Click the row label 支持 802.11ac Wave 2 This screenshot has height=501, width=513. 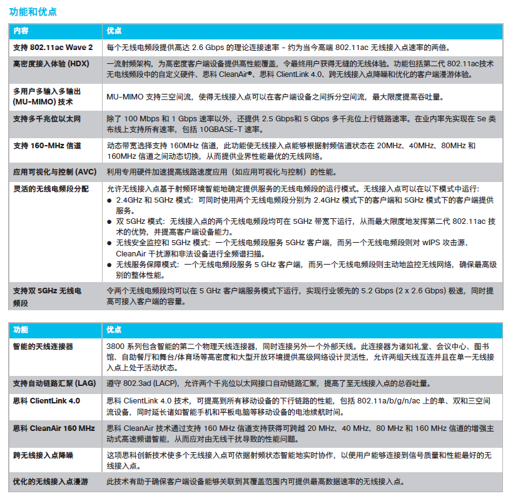pos(53,48)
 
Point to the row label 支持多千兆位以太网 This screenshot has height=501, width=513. pos(47,118)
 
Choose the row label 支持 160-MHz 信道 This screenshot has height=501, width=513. pos(47,146)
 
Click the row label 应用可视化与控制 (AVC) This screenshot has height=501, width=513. pos(55,172)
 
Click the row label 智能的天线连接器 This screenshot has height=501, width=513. pos(43,346)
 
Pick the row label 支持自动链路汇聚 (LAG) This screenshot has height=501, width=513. pos(54,383)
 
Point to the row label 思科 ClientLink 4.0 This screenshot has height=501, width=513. pos(47,400)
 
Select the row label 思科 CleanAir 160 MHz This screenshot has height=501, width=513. pos(54,428)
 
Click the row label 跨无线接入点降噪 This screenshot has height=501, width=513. pos(43,455)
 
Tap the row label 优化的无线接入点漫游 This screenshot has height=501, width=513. pos(51,482)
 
